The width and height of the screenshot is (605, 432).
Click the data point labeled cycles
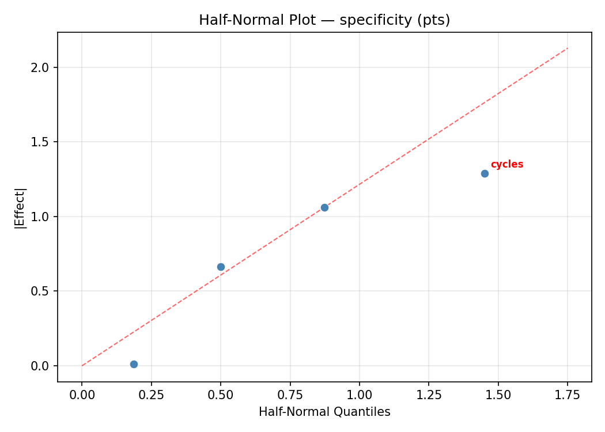(485, 173)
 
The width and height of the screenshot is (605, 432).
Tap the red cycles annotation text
(506, 164)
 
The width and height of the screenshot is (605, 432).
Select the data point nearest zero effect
(134, 364)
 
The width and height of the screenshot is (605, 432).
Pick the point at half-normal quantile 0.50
(221, 267)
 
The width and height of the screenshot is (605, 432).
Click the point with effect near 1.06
(324, 207)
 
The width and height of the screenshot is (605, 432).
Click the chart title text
(324, 20)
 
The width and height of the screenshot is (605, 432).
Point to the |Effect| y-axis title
(20, 208)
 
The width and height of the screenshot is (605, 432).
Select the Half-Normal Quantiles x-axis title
(324, 412)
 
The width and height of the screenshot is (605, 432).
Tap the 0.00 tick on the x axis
(82, 395)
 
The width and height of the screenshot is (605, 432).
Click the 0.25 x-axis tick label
(151, 395)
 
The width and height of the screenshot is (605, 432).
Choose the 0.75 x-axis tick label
(290, 395)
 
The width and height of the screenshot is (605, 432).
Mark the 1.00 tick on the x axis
(359, 395)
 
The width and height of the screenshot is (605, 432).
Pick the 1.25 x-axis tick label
(429, 395)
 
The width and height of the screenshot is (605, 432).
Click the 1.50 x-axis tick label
(498, 395)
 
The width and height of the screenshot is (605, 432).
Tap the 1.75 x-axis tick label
(568, 395)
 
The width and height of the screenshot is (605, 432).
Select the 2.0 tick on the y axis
(41, 67)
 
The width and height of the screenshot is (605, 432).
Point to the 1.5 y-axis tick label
(41, 142)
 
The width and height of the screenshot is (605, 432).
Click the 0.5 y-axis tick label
(41, 291)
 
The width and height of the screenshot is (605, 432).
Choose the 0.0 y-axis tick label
(41, 366)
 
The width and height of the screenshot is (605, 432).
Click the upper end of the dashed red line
(567, 48)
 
